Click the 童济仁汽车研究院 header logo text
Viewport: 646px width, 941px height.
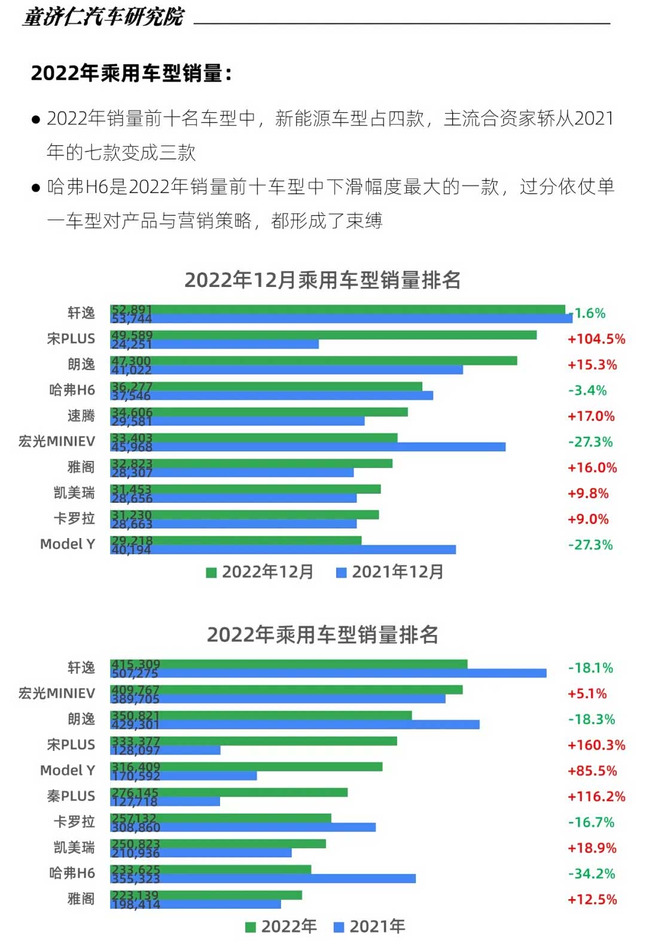point(103,17)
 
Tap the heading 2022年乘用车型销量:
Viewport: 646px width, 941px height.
point(131,73)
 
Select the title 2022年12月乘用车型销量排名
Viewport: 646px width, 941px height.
point(322,280)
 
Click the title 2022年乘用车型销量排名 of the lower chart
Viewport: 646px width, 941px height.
point(322,634)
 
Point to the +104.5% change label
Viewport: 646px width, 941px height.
point(596,339)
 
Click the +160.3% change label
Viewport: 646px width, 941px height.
point(596,745)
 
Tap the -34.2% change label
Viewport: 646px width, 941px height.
point(591,873)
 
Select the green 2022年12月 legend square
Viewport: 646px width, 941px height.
point(211,573)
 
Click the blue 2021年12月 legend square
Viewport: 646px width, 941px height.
point(342,573)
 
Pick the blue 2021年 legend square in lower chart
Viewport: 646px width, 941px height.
point(339,927)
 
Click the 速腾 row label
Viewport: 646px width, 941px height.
point(81,415)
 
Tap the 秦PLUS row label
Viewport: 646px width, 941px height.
point(71,796)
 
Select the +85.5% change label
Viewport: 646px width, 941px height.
point(592,771)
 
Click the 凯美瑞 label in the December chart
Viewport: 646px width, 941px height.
point(74,493)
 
